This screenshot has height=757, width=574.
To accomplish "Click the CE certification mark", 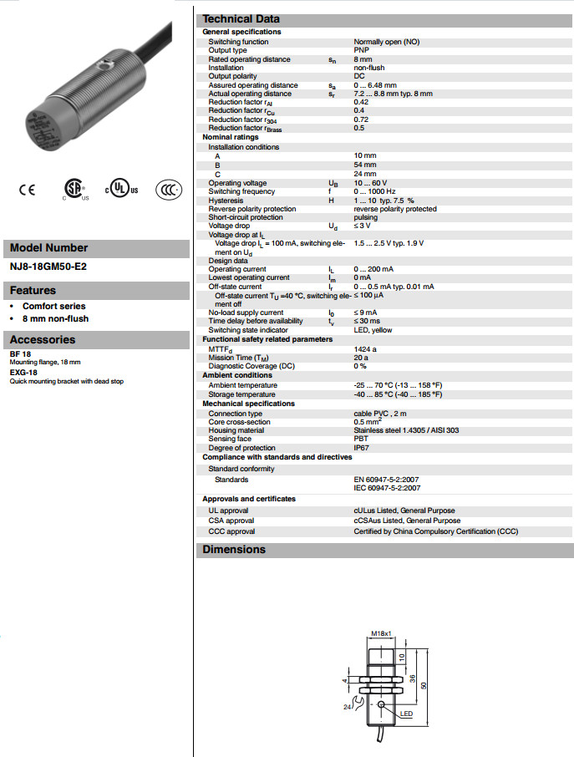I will [x=28, y=190].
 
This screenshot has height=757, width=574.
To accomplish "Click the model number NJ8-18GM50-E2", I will [x=48, y=267].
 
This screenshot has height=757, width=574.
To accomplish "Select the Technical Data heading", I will [x=241, y=19].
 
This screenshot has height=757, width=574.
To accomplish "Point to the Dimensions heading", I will [x=234, y=550].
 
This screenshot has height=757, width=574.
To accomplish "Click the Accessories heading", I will [x=43, y=340].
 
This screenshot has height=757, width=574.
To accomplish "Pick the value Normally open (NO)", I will [x=386, y=42].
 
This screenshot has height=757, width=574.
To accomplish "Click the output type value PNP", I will [x=361, y=50].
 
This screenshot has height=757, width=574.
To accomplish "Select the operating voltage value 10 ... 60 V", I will [x=370, y=183].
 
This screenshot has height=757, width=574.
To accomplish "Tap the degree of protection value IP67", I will [x=362, y=448].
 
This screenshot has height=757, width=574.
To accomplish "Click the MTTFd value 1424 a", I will [x=365, y=348].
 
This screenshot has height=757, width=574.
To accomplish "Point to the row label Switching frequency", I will [x=241, y=191].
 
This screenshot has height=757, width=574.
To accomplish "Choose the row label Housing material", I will [x=236, y=430].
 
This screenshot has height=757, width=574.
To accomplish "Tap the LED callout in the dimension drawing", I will [x=406, y=714].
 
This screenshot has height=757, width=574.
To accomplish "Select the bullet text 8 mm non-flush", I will [x=55, y=318].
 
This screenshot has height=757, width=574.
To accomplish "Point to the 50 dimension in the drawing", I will [x=424, y=685].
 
